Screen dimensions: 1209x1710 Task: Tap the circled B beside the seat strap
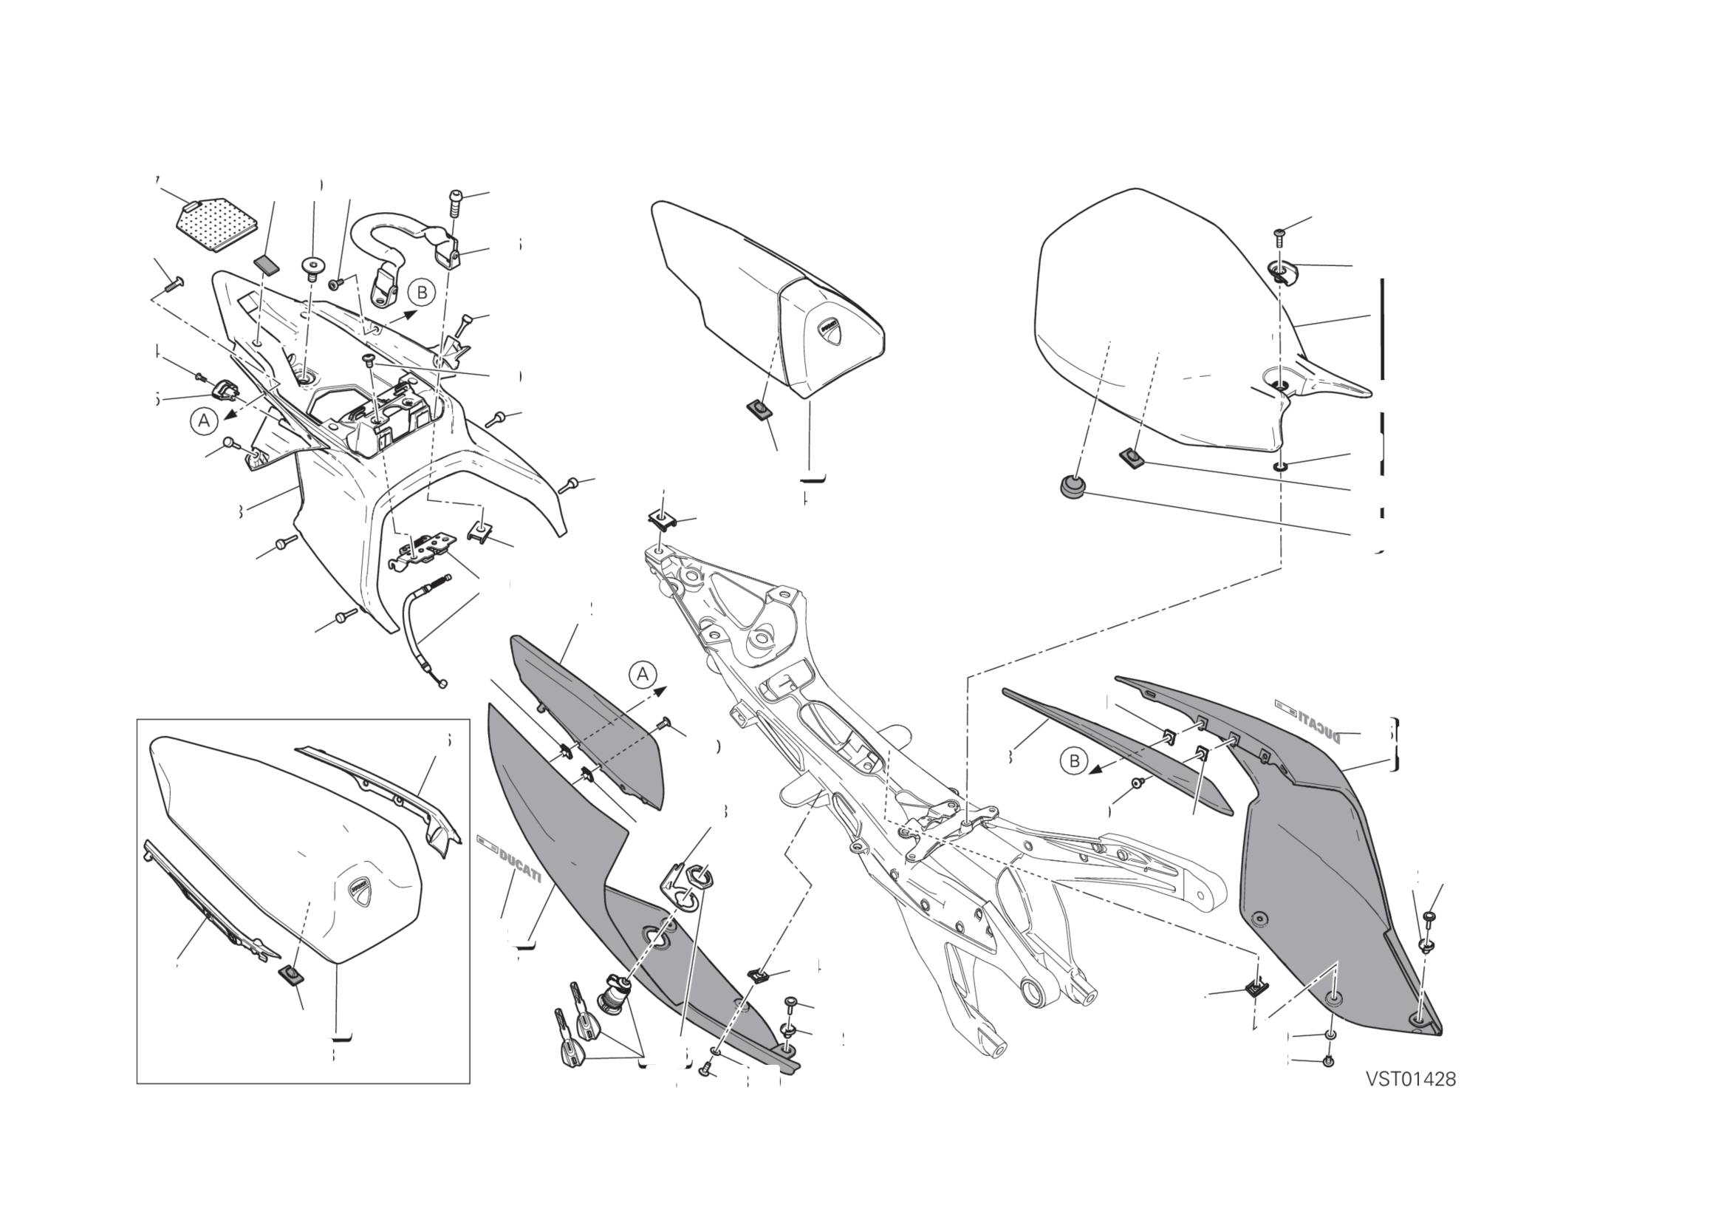click(x=423, y=293)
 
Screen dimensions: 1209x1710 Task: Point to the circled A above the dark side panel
click(x=643, y=675)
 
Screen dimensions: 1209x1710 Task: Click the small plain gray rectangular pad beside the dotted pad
click(x=266, y=264)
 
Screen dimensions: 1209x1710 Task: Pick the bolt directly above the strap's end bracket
click(x=455, y=202)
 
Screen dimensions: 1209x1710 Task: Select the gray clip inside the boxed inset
click(x=291, y=974)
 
